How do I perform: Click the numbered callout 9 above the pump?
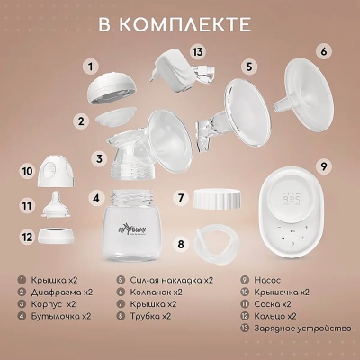tap(324, 165)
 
